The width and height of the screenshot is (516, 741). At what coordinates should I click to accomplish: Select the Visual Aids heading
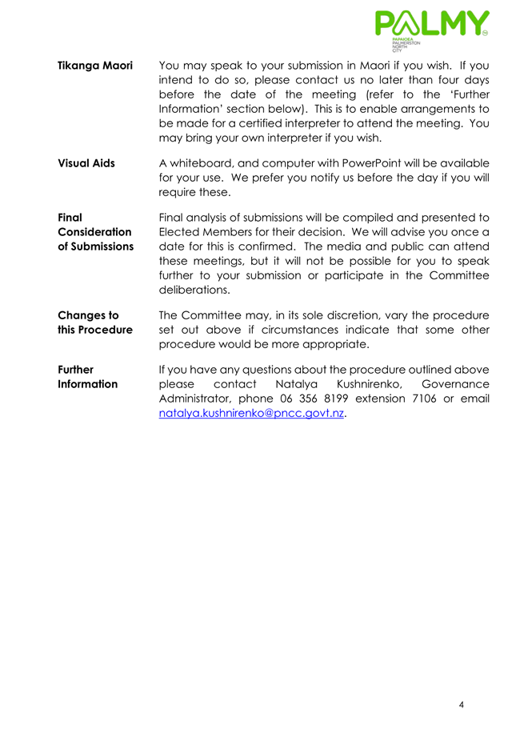point(86,163)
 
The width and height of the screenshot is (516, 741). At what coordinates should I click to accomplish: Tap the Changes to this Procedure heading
point(95,322)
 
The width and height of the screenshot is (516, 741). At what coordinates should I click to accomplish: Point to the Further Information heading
point(88,377)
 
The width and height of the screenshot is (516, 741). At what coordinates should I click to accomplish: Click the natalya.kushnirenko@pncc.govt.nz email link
point(252,414)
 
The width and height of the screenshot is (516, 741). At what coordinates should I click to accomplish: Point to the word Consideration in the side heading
point(95,231)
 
